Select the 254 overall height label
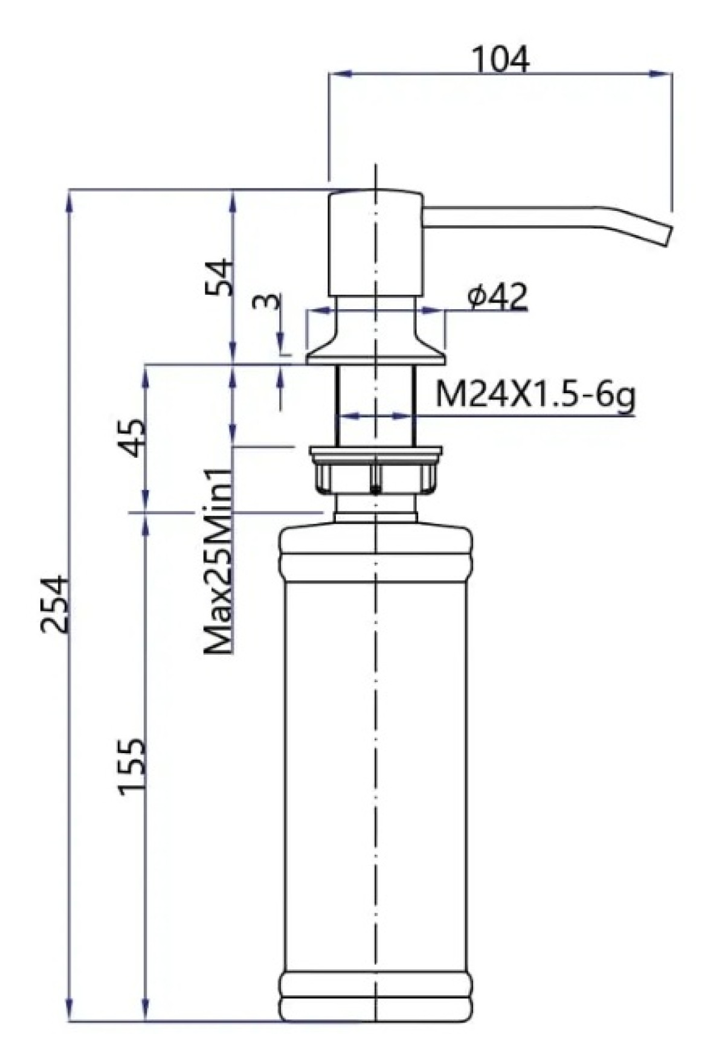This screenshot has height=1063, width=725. point(56,604)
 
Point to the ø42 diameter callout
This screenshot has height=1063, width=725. point(497,297)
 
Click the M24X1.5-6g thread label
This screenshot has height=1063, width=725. point(535,397)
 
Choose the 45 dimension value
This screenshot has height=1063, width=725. point(132,438)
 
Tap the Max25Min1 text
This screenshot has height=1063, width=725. point(218,561)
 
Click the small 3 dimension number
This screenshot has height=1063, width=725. point(266,301)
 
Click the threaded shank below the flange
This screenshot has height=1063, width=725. point(376,405)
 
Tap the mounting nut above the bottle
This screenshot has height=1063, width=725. point(376,469)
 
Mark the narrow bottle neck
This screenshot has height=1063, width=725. point(376,507)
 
